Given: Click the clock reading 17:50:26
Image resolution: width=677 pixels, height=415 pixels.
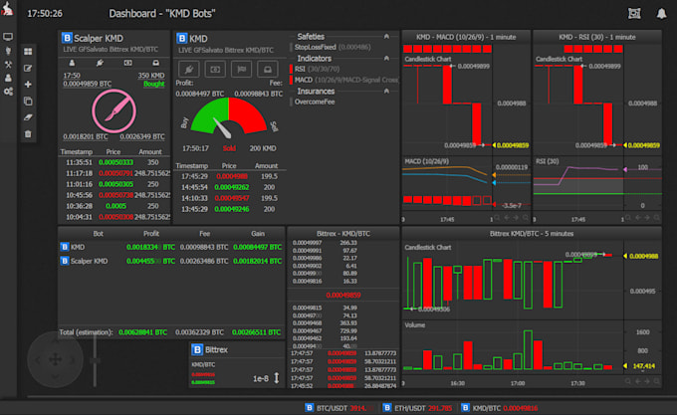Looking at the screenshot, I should pos(46,15).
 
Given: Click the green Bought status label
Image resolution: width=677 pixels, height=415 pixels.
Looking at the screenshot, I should pos(154,85).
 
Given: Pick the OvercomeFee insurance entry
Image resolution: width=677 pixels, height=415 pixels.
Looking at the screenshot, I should pos(319,101).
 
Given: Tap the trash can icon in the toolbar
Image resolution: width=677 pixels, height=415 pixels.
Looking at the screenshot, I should pos(28,133).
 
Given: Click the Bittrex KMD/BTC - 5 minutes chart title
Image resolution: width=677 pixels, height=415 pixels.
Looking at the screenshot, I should pos(532,232).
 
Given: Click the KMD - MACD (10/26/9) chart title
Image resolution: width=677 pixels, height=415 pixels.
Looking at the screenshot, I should pos(463,36).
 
